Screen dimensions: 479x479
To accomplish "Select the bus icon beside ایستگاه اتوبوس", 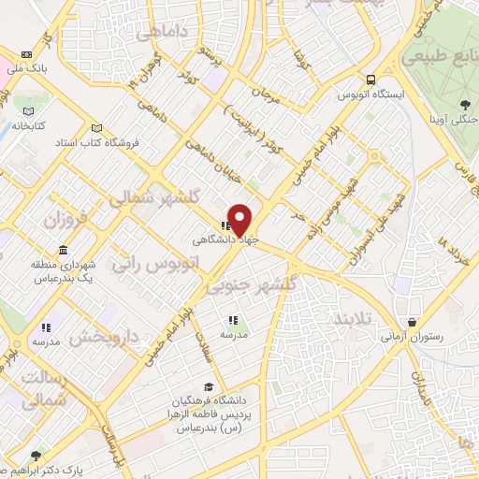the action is [x=371, y=80].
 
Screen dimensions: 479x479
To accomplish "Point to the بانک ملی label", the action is [x=25, y=69].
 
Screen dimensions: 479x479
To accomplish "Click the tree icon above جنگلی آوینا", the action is [x=465, y=103].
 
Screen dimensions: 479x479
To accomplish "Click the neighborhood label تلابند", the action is [x=353, y=319].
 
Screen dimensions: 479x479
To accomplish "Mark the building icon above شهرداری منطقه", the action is [x=63, y=251].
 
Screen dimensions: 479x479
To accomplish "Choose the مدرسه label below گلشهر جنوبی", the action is [x=232, y=334].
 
